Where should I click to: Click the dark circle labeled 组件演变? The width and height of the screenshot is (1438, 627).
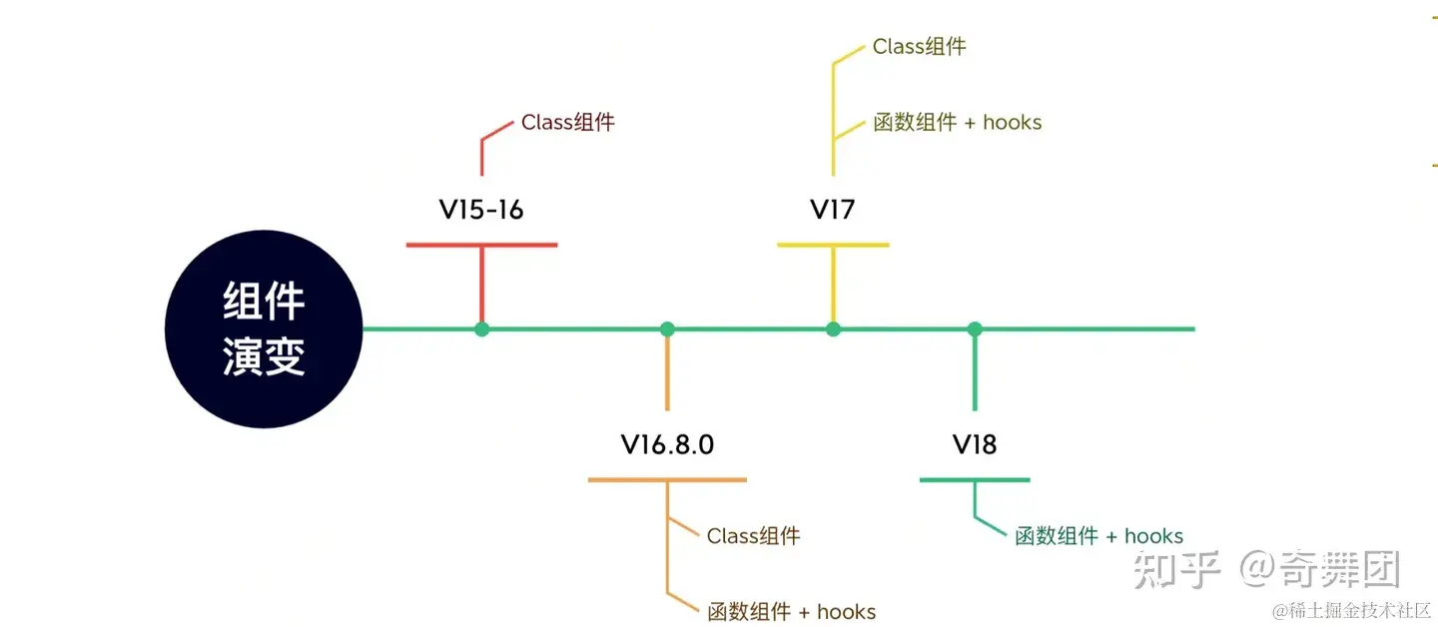(x=263, y=328)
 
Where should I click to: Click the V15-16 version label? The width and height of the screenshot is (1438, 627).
(x=481, y=210)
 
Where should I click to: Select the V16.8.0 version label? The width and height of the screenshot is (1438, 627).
(x=667, y=444)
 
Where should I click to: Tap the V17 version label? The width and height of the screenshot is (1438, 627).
(x=832, y=210)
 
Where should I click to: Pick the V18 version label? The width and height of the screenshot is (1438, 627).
(x=974, y=444)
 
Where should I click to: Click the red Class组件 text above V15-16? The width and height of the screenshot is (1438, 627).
(x=567, y=123)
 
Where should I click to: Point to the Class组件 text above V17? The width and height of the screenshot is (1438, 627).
(x=919, y=46)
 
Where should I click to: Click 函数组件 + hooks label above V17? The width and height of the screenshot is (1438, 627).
(x=957, y=123)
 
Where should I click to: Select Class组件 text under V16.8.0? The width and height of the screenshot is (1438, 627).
(x=753, y=536)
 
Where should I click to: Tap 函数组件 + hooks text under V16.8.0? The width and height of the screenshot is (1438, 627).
(x=791, y=611)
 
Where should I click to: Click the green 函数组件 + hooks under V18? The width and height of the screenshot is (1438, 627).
(x=1098, y=536)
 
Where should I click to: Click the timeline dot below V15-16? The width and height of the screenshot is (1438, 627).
(x=482, y=328)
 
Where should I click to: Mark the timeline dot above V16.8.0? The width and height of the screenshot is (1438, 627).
(x=667, y=328)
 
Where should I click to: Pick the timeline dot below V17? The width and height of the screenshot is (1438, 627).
(x=833, y=328)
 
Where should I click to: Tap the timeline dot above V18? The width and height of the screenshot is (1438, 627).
(x=975, y=328)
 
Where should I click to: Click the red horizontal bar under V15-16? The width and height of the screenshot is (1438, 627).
(x=481, y=245)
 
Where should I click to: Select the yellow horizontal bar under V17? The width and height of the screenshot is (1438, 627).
(x=833, y=245)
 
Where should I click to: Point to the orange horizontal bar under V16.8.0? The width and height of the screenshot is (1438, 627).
(x=667, y=480)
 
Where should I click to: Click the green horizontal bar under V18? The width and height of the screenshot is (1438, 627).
(x=974, y=480)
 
